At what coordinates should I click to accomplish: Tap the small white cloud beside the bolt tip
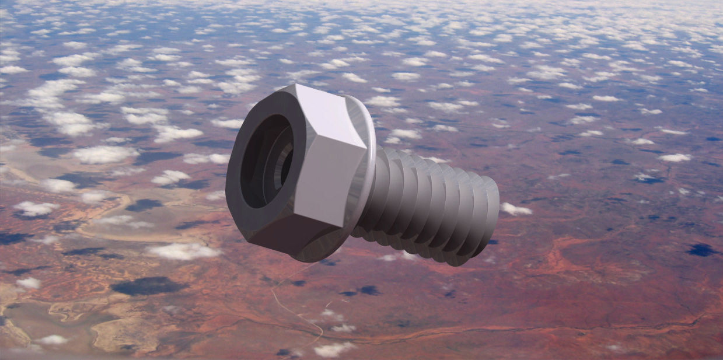coord(516,209)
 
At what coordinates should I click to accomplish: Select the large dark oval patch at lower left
coord(148,286)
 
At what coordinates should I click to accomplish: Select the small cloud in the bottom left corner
coord(53,340)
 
